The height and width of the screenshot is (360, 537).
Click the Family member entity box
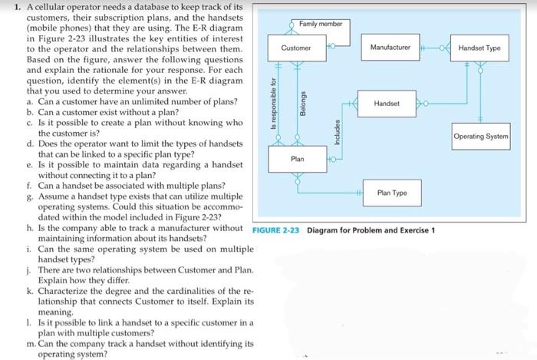click(321, 24)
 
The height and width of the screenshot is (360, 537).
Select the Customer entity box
click(296, 48)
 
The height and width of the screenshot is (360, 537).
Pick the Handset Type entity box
click(479, 48)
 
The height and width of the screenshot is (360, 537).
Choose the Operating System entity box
click(481, 137)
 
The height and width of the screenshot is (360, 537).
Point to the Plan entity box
click(297, 159)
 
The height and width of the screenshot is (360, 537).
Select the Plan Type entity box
click(392, 193)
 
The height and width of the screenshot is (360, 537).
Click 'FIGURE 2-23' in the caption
click(276, 230)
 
